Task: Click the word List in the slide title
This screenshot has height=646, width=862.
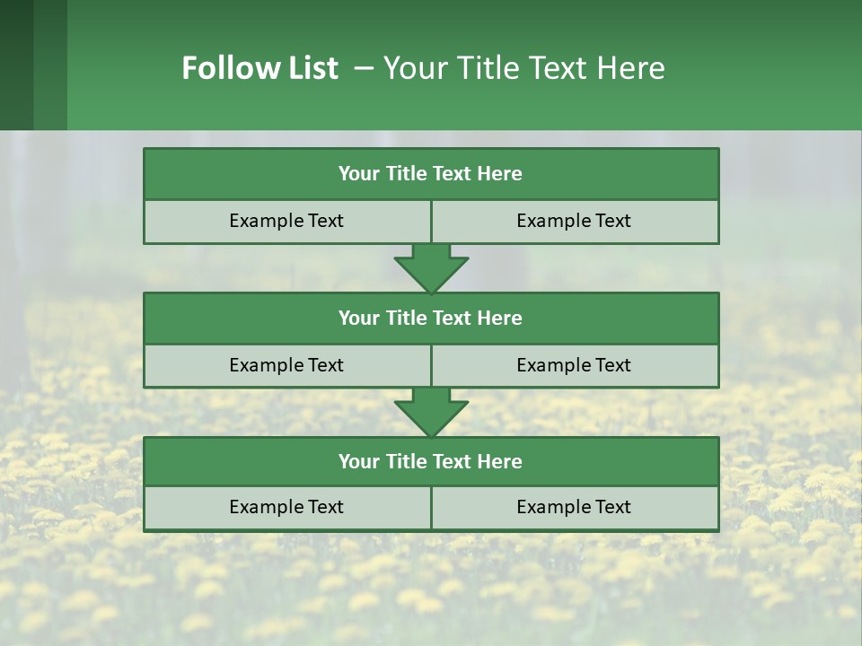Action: coord(311,68)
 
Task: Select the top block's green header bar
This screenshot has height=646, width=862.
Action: coord(431,174)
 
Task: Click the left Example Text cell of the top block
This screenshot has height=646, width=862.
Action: coord(286,221)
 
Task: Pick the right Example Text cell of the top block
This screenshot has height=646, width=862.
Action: coord(575,221)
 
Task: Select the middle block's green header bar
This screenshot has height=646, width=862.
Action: coord(431,318)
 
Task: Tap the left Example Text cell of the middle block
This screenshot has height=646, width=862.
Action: coord(286,365)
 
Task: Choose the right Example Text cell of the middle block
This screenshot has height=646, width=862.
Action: coord(575,365)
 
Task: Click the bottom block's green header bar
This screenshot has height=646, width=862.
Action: coord(431,461)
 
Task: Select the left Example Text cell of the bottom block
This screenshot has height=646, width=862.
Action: coord(286,507)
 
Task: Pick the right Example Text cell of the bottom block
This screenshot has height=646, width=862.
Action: coord(575,507)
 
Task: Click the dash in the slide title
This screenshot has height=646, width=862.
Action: coord(364,68)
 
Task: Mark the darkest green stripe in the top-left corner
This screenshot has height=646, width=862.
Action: coord(16,65)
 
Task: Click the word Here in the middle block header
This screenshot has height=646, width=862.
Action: coord(500,318)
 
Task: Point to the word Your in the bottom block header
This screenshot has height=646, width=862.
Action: coord(359,461)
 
